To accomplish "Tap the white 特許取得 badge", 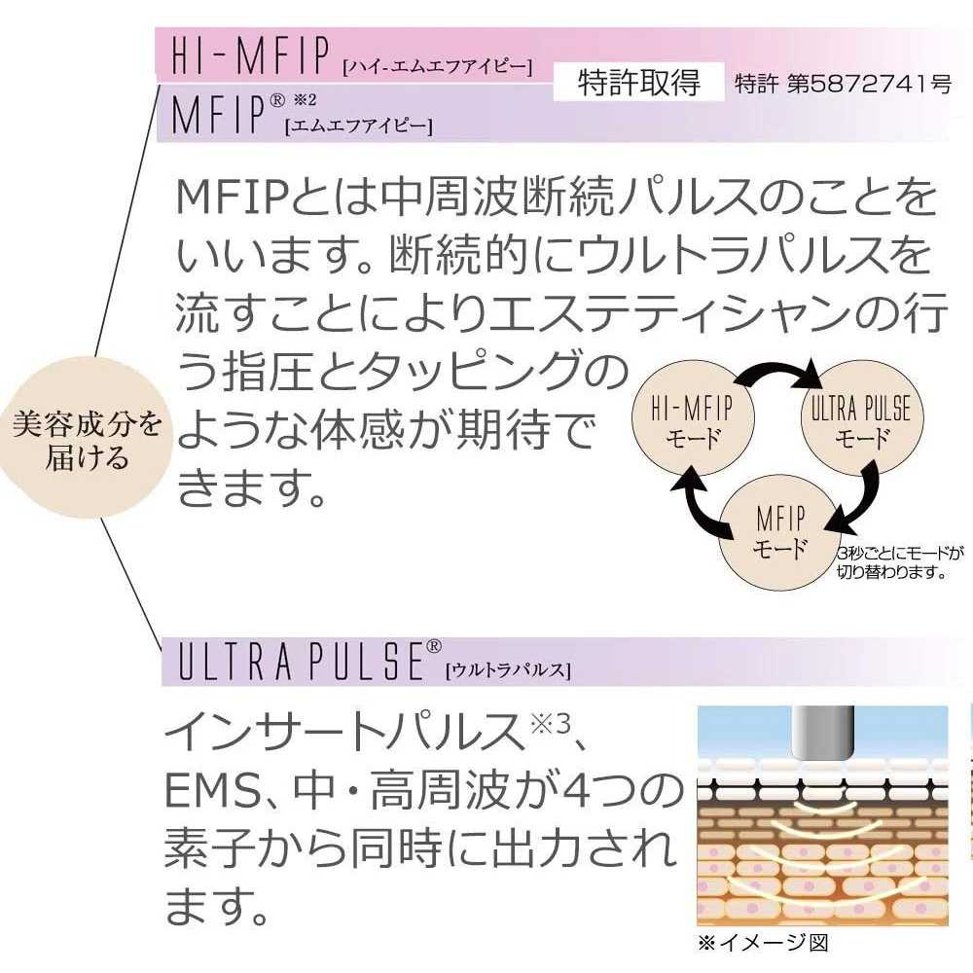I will [638, 83].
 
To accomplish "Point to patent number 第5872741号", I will [843, 84].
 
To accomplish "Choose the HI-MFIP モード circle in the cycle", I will [692, 421].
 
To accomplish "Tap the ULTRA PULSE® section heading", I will [303, 663].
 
